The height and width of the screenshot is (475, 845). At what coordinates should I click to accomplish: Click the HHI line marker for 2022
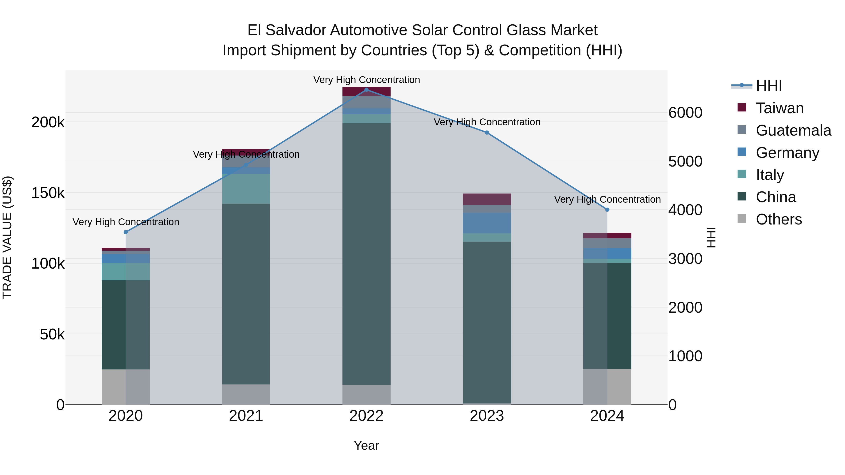pos(366,90)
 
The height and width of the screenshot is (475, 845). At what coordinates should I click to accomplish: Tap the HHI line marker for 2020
pos(126,232)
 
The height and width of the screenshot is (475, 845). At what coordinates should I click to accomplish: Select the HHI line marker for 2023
pos(487,133)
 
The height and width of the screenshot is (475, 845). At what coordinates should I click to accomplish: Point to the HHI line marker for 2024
pos(607,210)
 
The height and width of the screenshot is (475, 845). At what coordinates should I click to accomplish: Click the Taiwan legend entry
pos(779,108)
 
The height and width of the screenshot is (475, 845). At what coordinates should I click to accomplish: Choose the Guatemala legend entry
pos(793,130)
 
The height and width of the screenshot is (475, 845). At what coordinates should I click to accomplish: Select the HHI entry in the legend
pos(768,86)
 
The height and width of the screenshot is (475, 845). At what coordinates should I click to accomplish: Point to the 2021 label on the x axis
pos(246,416)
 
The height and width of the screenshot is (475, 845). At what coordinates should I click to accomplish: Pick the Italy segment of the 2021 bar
pos(246,189)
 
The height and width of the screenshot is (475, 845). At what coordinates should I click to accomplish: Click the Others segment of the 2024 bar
pos(607,387)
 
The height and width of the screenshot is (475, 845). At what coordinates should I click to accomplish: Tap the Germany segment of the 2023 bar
pos(487,223)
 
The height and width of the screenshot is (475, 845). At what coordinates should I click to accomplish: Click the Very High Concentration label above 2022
pos(366,80)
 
